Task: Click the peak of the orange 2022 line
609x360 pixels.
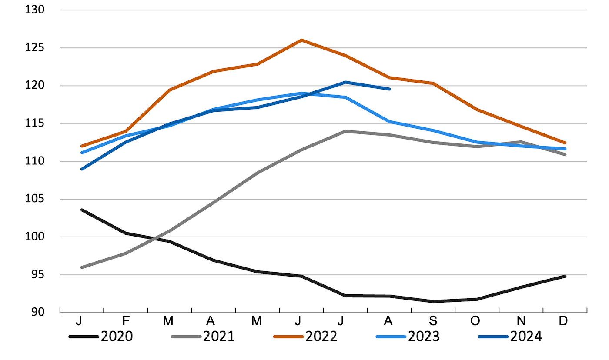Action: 301,40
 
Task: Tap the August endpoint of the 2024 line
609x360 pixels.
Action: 389,89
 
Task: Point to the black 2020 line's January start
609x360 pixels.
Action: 82,210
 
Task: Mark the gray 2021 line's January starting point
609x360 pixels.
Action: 82,267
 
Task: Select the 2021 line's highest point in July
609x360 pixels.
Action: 345,131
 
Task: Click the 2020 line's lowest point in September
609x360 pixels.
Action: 433,301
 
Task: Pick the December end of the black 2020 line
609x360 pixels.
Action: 565,276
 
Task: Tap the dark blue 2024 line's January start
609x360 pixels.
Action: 82,169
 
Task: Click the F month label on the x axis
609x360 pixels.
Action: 126,321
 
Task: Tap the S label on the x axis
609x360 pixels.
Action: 433,321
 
